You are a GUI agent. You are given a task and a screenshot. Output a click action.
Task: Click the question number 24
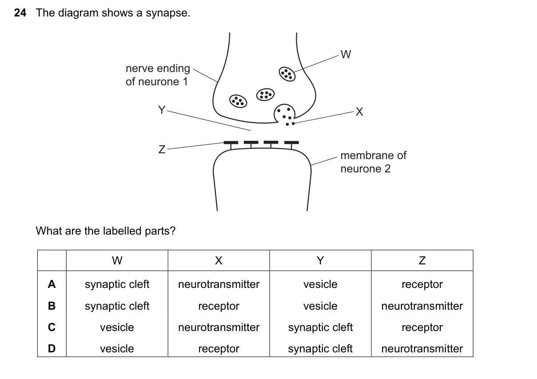(20, 13)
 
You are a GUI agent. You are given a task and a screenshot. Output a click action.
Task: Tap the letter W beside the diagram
(346, 55)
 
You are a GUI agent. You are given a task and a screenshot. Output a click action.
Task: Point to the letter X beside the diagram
(359, 112)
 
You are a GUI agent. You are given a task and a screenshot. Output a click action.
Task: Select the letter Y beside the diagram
(162, 110)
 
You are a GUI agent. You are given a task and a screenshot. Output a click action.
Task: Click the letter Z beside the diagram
(162, 149)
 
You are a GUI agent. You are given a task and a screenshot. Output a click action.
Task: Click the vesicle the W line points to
(287, 74)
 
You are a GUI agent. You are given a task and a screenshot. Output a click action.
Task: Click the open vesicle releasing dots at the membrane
(284, 114)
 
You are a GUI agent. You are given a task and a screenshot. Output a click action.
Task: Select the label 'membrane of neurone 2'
(373, 162)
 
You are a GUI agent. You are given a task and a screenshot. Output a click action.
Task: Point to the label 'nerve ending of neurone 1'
(158, 75)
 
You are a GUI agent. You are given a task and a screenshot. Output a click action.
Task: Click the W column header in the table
(117, 260)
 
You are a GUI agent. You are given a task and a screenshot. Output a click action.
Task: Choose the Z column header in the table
(422, 260)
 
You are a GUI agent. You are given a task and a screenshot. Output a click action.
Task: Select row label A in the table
(52, 284)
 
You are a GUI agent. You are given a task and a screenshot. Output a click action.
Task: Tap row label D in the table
(52, 348)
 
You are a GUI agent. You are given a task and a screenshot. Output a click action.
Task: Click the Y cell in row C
(320, 327)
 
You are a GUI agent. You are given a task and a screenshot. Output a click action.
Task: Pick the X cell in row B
(219, 306)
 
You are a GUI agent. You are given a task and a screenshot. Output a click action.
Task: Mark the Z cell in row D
(422, 348)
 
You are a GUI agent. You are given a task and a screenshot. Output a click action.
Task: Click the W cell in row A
(117, 284)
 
